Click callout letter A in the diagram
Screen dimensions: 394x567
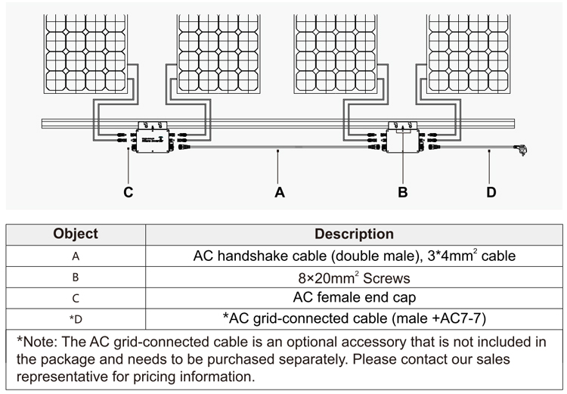click(280, 192)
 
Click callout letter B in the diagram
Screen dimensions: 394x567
click(403, 192)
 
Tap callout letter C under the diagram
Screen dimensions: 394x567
click(129, 192)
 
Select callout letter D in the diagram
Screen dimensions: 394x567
click(491, 192)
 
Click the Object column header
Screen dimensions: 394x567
click(76, 234)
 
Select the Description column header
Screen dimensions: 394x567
click(354, 234)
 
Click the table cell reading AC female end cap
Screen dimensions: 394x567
click(354, 298)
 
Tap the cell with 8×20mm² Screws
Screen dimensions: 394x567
click(354, 278)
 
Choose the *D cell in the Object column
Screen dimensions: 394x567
click(76, 318)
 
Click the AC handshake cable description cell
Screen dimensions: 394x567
click(354, 256)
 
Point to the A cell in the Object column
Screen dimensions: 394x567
click(76, 256)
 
